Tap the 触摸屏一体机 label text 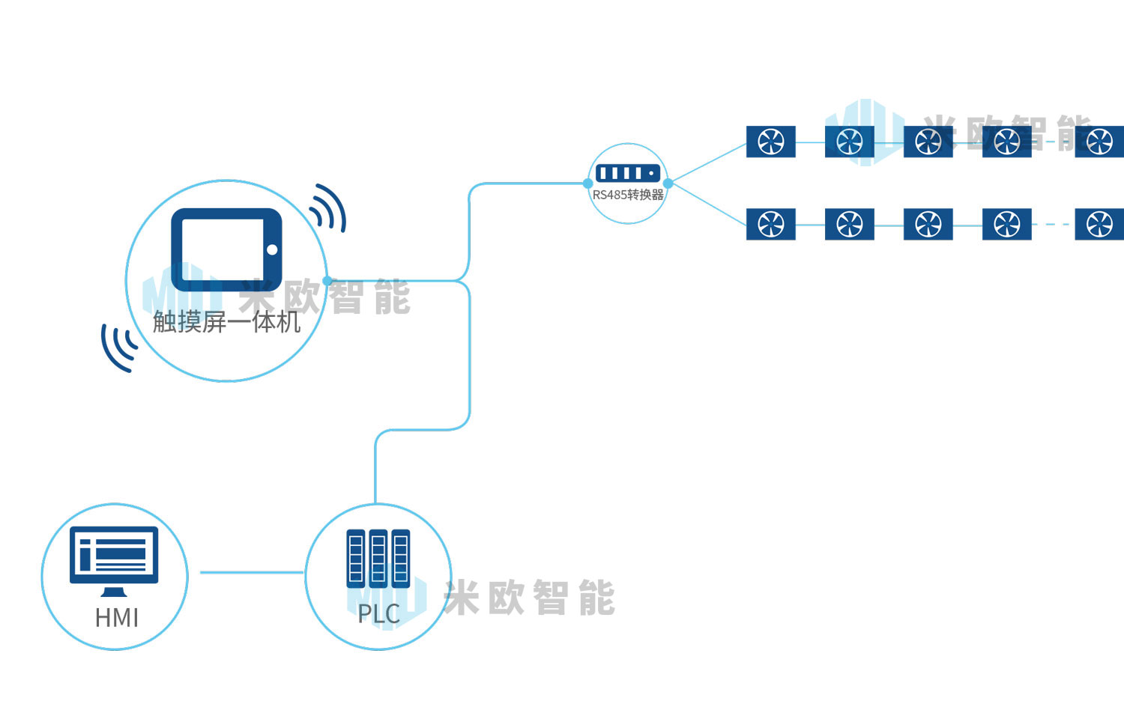226,322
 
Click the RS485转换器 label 628,195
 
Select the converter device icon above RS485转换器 628,173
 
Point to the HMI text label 117,618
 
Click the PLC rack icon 378,558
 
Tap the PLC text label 378,614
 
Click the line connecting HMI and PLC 251,573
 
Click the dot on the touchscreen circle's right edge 327,281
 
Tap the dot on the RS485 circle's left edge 588,183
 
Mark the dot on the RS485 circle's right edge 668,183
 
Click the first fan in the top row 771,142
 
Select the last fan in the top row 1099,142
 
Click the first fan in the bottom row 771,224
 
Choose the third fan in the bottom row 928,224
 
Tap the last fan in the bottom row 1099,224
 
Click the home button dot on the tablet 272,249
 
